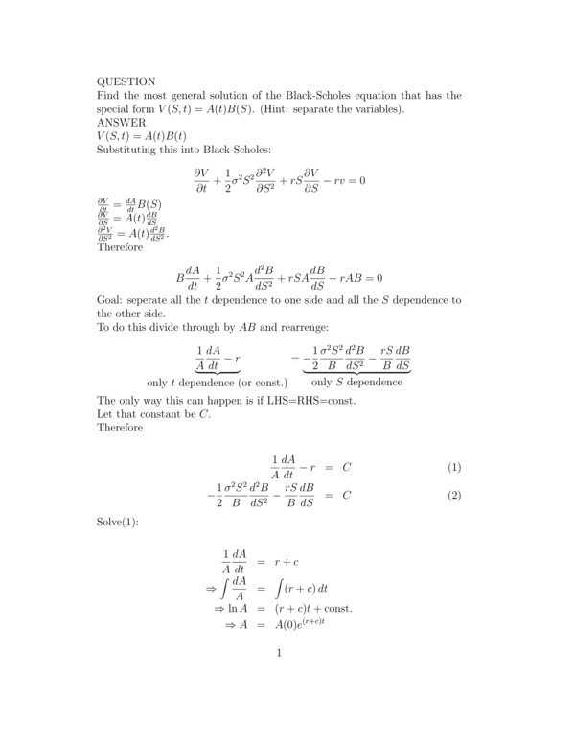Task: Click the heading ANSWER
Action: [x=122, y=124]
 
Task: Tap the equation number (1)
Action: [x=454, y=467]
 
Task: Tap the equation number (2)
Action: [x=454, y=496]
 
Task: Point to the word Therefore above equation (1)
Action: [x=120, y=427]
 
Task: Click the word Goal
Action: [x=112, y=300]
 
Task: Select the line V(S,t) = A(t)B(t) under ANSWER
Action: [x=142, y=137]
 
